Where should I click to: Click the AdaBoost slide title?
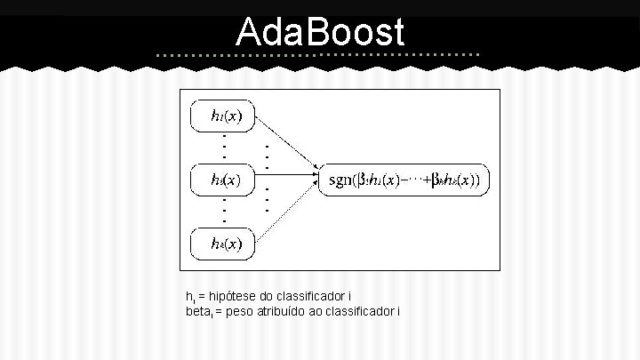pyautogui.click(x=320, y=33)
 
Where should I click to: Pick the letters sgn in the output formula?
pyautogui.click(x=340, y=180)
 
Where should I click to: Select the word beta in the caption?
pyautogui.click(x=196, y=311)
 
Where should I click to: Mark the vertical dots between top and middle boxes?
pyautogui.click(x=224, y=147)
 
